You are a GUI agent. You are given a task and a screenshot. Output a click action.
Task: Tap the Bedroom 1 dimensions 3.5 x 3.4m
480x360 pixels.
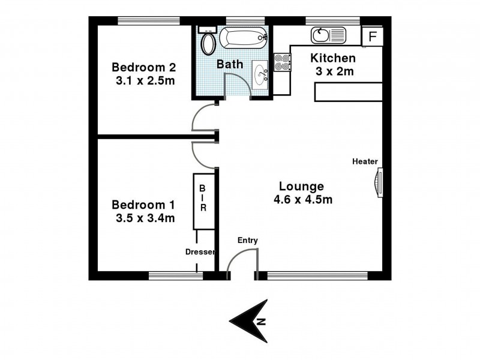(x=145, y=218)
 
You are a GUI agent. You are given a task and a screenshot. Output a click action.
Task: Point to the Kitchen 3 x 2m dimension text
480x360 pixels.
(x=333, y=72)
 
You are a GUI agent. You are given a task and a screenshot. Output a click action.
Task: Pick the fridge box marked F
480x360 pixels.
(x=373, y=36)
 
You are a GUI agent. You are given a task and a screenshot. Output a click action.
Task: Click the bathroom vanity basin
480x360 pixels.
(x=262, y=74)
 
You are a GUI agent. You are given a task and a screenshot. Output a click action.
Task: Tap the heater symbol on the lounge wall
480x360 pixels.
(x=378, y=182)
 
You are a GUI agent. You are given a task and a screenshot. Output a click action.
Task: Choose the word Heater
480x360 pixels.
(x=365, y=161)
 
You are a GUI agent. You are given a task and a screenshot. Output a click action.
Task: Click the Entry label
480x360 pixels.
(x=247, y=241)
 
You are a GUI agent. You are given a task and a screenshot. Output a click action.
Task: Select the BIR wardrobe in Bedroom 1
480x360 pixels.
(x=203, y=202)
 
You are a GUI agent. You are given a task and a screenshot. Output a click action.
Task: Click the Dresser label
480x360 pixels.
(x=200, y=253)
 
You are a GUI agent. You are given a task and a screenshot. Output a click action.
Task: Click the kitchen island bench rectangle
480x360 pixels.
(x=347, y=92)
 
